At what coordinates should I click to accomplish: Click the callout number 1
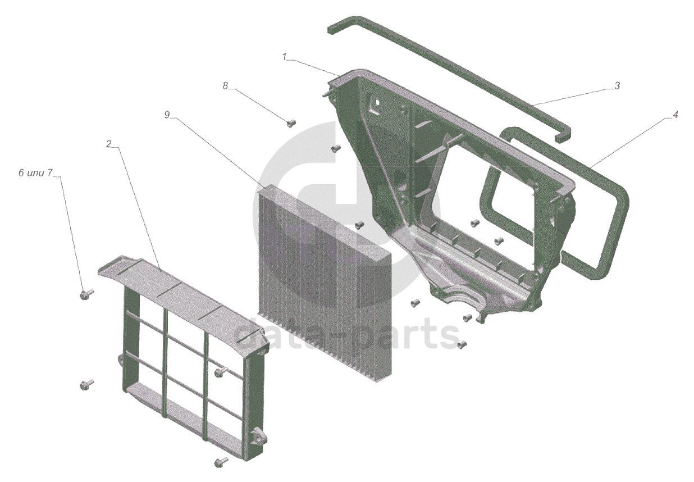tap(285, 57)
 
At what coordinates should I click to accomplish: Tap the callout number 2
tap(108, 144)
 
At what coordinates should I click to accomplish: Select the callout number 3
tap(617, 85)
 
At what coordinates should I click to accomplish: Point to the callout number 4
tap(675, 115)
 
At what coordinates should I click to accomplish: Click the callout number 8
tap(226, 85)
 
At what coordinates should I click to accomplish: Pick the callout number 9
tap(167, 115)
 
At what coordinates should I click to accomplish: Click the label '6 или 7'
tap(35, 173)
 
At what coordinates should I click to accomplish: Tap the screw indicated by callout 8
tap(291, 124)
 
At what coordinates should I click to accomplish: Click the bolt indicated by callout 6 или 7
tap(86, 294)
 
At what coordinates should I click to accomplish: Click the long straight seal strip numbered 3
tap(449, 79)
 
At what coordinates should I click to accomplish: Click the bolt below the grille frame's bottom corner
tap(221, 462)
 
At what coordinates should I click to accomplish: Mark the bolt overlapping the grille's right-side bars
tap(221, 371)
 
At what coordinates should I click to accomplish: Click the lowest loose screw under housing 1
tap(462, 343)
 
